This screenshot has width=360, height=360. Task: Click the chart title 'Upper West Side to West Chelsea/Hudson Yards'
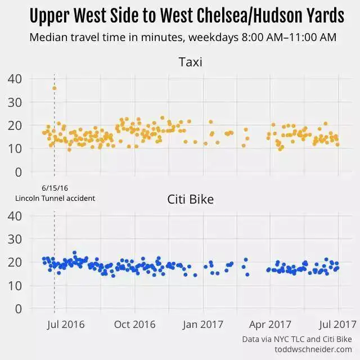[186, 16]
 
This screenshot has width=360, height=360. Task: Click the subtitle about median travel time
[183, 38]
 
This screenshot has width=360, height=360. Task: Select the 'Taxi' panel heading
[190, 62]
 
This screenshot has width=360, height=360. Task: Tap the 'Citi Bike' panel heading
[190, 199]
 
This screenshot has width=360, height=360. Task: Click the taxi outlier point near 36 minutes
[54, 88]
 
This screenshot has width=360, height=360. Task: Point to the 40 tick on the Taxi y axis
[15, 79]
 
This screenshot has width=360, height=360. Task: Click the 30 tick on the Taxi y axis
[15, 102]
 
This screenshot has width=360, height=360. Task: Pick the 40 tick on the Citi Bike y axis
[15, 215]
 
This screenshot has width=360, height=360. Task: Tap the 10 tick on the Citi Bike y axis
[15, 285]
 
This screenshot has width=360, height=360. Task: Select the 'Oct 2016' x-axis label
[135, 324]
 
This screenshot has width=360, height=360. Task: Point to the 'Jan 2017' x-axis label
[202, 324]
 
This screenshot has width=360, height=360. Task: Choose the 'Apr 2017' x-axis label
[271, 324]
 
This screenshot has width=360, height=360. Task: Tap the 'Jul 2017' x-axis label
[337, 324]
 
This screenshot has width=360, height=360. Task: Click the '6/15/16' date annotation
[54, 188]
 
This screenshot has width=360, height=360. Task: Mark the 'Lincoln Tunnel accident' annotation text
[55, 198]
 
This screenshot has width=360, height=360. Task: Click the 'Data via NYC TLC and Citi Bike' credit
[297, 339]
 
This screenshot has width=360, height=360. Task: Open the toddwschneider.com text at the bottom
[313, 349]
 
